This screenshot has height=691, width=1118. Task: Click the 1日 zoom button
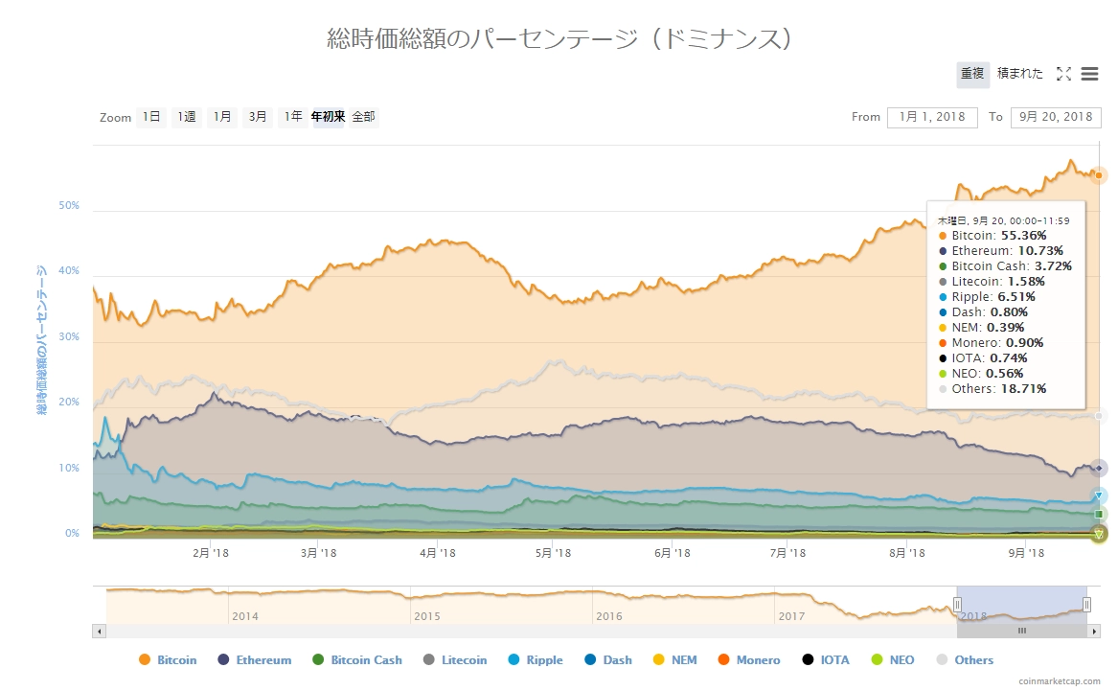151,117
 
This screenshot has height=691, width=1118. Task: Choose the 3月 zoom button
258,117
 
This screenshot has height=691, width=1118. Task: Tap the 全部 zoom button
364,117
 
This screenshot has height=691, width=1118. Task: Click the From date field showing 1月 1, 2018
932,117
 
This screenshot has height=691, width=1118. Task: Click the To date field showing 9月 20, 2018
1056,117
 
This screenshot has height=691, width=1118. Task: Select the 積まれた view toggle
1020,74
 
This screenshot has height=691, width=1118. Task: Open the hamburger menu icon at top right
1089,74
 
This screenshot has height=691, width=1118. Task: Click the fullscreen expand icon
1063,74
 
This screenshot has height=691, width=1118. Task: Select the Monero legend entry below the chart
749,660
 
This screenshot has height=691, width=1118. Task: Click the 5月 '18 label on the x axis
553,553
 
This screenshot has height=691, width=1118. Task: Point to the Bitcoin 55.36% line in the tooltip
997,235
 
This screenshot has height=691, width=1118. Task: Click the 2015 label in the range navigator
427,616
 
